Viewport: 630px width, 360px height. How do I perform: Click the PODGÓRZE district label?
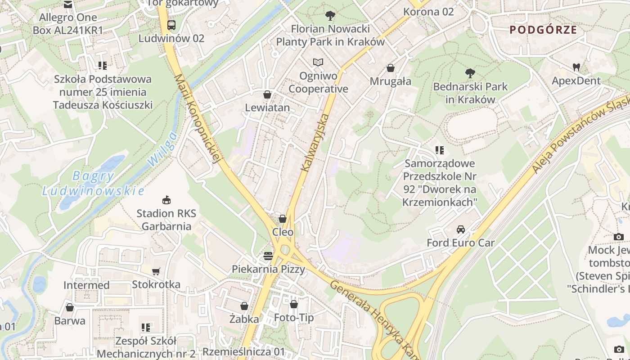point(543,30)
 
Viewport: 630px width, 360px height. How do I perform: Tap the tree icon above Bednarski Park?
point(470,73)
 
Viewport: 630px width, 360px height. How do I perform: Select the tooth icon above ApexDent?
point(576,67)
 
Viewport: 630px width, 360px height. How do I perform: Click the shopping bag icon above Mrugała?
point(391,68)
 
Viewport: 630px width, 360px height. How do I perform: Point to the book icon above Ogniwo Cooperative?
point(318,62)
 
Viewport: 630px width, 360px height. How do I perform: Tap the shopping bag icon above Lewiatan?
point(267,94)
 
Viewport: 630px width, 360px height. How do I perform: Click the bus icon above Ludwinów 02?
point(171,25)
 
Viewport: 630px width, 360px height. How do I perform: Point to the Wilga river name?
point(162,149)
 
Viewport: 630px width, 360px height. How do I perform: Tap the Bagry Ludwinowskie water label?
point(93,183)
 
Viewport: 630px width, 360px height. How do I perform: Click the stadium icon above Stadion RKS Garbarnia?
point(166,199)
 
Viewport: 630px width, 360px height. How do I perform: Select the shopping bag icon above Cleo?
point(283,219)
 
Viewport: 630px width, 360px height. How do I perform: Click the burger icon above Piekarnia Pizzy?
point(268,256)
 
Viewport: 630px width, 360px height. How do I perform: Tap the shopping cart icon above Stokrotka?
point(156,271)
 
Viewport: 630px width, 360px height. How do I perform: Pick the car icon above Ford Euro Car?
point(461,229)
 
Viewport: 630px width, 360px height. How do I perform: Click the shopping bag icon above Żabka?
point(244,306)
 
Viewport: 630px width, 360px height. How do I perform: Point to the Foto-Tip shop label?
point(294,318)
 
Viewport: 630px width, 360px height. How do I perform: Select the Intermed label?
point(86,285)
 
